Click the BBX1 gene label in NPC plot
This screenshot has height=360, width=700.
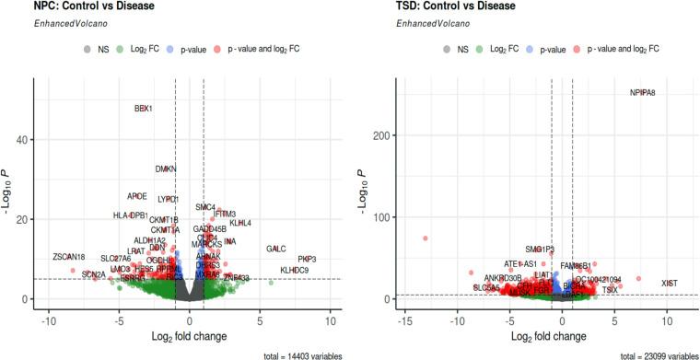143,109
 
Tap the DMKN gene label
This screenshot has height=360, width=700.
166,169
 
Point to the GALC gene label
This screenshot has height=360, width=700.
276,250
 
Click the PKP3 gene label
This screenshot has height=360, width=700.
307,260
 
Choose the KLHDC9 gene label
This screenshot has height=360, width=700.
294,271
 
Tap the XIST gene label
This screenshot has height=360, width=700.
671,283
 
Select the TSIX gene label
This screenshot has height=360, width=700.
610,291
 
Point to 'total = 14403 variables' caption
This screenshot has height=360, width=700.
287,354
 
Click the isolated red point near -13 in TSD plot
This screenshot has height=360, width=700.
426,238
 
